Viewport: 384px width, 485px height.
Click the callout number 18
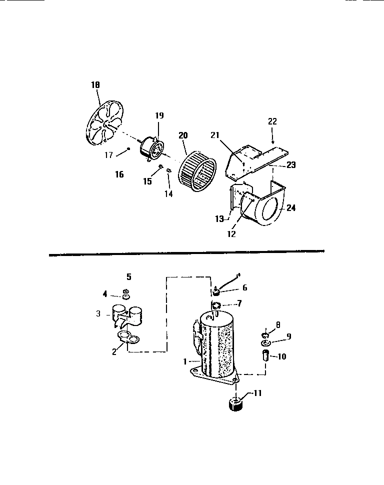[95, 85]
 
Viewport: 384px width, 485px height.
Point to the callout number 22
[272, 121]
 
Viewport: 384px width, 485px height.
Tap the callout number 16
[119, 174]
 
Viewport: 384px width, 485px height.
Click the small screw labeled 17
[129, 148]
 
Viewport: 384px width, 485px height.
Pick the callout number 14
[169, 193]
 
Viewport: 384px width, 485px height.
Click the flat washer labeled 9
[265, 344]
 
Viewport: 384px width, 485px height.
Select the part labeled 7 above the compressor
[216, 305]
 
